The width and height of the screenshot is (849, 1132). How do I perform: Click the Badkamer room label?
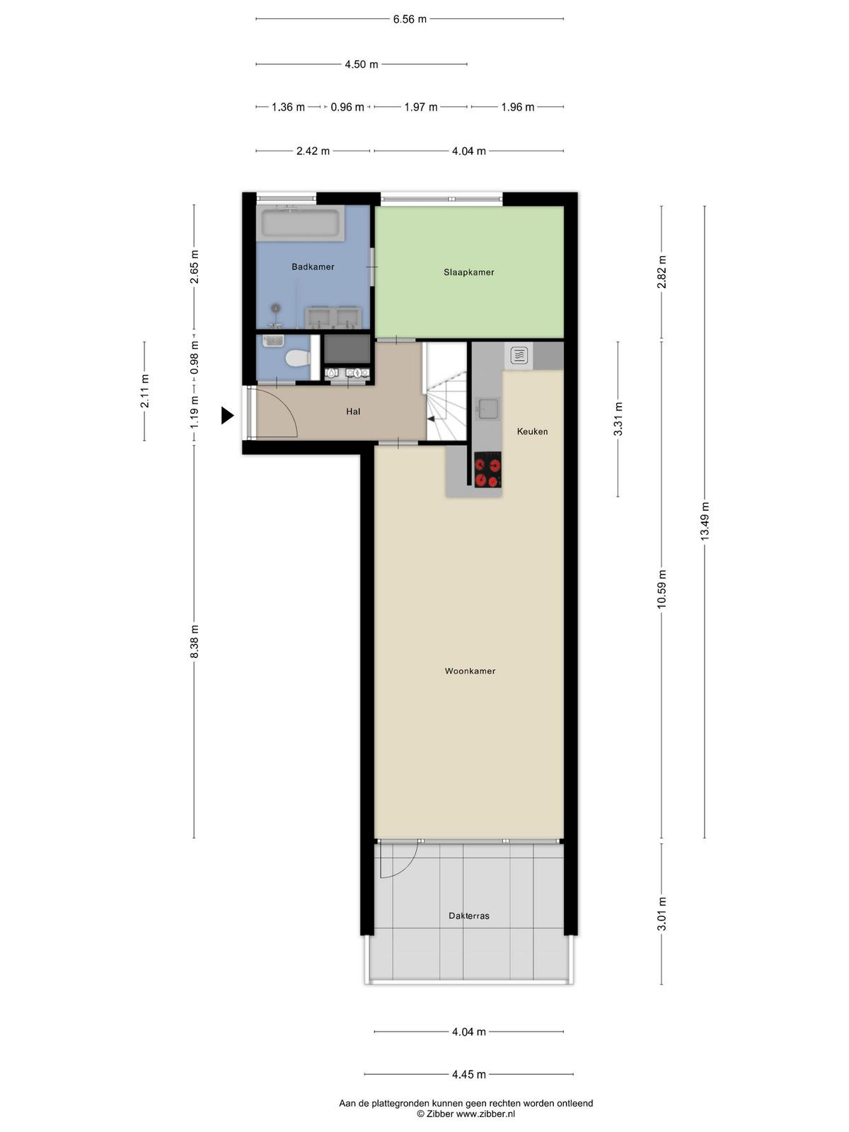coord(313,267)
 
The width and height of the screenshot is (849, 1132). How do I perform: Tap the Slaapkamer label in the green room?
coord(468,272)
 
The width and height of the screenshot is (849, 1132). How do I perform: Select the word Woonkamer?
coord(470,671)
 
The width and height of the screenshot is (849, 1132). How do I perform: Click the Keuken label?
coord(532,431)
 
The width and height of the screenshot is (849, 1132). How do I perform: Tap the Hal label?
coord(353,412)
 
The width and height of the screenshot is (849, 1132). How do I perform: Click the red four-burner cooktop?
coord(487,470)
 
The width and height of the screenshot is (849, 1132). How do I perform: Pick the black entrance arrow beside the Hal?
coord(227,415)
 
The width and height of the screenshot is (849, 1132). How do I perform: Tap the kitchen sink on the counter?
coord(487,408)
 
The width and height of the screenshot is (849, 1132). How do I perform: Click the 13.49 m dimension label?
coord(705,521)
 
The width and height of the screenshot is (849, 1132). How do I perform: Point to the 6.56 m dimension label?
coord(410,19)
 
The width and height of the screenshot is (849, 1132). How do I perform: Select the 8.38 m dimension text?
coord(194,641)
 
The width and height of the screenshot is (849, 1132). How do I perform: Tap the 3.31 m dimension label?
coord(618,420)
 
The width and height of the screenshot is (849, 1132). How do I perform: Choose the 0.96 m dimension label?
coord(347,108)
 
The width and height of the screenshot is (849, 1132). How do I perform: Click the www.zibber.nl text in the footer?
coord(485,1114)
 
